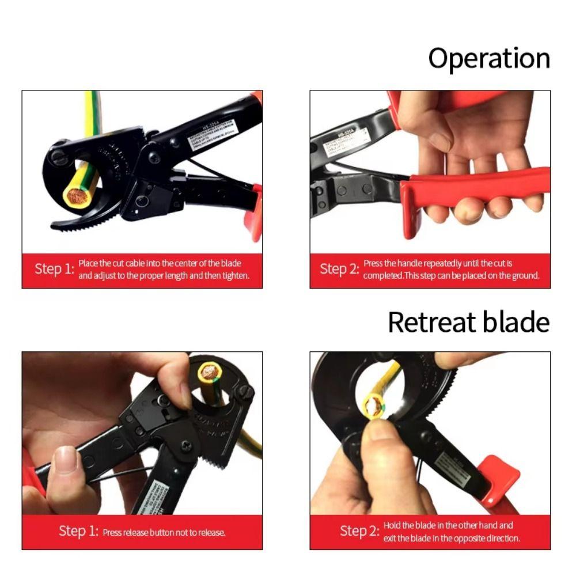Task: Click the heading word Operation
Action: point(489,59)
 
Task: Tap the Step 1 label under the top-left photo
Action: point(54,269)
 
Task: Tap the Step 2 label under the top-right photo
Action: point(339,269)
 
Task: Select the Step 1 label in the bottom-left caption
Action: point(78,531)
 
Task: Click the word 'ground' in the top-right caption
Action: point(522,275)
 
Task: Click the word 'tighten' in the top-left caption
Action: point(236,275)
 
